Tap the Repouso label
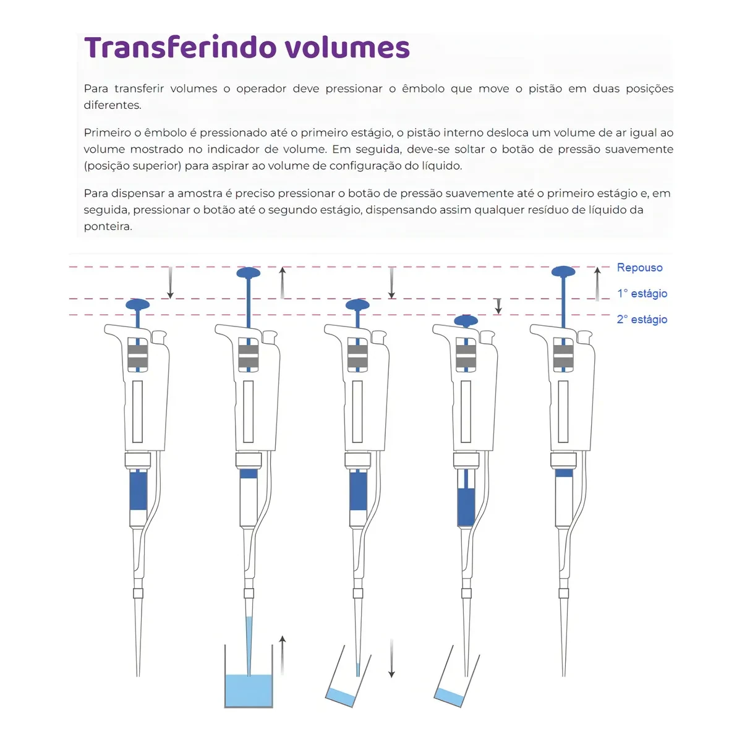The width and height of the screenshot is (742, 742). click(x=639, y=268)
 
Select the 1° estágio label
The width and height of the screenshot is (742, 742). click(x=642, y=294)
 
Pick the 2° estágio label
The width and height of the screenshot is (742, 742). click(x=642, y=320)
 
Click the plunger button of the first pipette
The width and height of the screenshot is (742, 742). click(x=138, y=304)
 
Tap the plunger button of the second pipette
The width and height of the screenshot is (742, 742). click(x=249, y=273)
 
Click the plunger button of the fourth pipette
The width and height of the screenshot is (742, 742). click(x=466, y=320)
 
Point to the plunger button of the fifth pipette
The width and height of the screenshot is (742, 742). click(x=563, y=271)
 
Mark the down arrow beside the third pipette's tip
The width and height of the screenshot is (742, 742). click(x=391, y=659)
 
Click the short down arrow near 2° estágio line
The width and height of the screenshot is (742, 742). click(x=498, y=306)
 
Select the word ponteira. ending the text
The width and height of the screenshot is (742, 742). click(x=108, y=226)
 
